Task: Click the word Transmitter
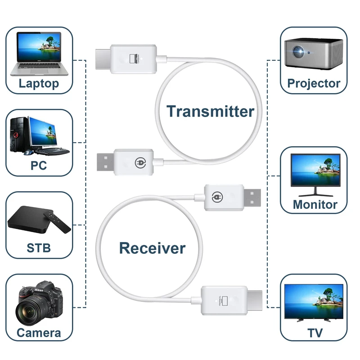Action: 211,111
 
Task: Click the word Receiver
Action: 152,247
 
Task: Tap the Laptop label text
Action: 39,83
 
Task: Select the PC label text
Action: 39,165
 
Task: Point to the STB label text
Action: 39,247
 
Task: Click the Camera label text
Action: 39,333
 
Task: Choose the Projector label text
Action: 314,83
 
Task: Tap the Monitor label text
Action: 315,204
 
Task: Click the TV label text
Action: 315,333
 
